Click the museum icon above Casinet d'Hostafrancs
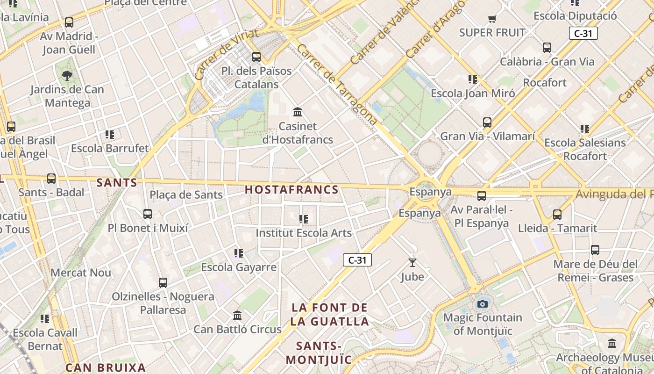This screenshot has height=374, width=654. point(298,112)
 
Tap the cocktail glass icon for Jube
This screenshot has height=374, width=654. point(412,263)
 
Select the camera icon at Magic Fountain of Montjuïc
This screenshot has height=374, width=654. point(483,304)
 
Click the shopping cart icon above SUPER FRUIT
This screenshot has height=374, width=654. point(492,19)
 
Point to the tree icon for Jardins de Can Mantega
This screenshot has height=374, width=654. point(67,75)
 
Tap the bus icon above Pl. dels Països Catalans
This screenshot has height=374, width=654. point(256,57)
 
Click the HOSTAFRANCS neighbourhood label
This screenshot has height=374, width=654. point(291,189)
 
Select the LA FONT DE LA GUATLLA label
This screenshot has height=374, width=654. point(329,314)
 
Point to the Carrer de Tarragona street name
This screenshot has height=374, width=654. point(336,85)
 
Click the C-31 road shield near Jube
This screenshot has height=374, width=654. point(357,260)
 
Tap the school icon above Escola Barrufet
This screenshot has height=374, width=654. point(110,135)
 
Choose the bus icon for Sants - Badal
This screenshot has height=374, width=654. point(51,179)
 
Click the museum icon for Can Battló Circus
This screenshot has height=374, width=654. point(237,315)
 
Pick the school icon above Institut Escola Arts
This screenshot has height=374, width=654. point(304,219)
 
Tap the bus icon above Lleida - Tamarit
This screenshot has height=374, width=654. point(557,215)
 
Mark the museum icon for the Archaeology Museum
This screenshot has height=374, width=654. point(612,344)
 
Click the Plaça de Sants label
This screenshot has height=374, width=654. point(186,195)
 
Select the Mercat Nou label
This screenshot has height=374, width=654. point(81,273)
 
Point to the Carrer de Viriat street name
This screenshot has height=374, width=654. point(226,54)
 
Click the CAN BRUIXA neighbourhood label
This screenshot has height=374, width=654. point(106,367)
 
